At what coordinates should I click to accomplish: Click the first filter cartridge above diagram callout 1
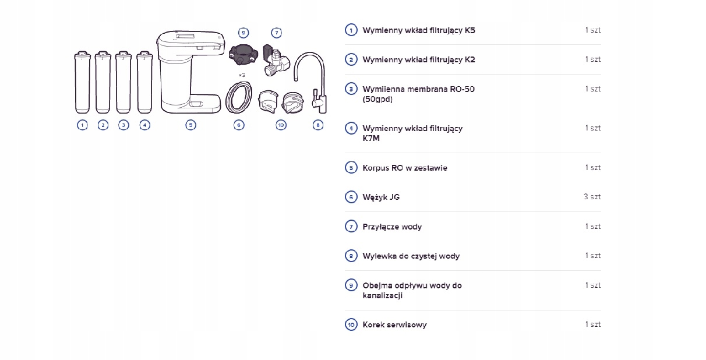tap(82, 83)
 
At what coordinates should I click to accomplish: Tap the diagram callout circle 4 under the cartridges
tap(145, 125)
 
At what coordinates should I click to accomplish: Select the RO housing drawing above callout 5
tap(190, 73)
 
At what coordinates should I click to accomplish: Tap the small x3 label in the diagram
tap(242, 75)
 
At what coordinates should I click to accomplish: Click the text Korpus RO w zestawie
tap(405, 168)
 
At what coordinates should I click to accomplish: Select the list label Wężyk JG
tap(381, 197)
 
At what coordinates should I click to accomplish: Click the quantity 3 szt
tap(592, 197)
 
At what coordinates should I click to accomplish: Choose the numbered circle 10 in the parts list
tap(351, 324)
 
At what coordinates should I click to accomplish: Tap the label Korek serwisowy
tap(394, 324)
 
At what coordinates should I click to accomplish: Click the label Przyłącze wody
tap(392, 227)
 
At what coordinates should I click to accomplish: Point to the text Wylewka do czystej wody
tap(411, 256)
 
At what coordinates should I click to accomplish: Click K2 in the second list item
tap(470, 59)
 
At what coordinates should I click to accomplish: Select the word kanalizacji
tap(382, 295)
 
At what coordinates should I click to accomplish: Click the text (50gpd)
tap(377, 99)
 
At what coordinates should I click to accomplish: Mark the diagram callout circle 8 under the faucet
tap(317, 125)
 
